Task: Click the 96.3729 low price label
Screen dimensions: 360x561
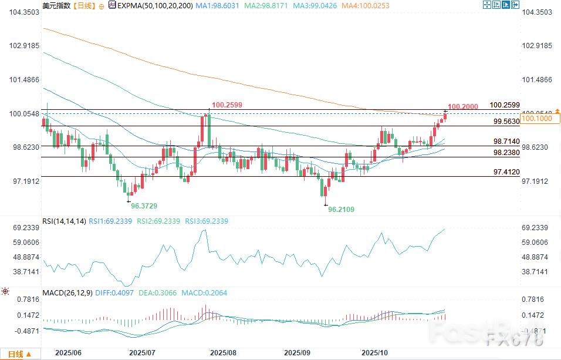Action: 144,207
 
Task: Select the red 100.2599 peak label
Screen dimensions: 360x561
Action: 227,105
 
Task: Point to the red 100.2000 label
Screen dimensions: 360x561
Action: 462,106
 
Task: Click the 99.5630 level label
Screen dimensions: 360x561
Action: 506,121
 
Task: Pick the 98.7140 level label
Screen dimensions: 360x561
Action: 506,142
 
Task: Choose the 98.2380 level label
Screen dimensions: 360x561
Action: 506,152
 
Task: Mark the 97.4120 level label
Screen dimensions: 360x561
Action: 506,171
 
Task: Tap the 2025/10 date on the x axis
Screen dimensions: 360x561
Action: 376,354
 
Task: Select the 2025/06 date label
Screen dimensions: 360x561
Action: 68,354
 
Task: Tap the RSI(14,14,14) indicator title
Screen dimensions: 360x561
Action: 65,221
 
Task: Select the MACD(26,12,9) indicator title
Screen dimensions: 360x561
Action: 67,292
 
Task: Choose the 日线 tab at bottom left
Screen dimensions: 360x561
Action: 16,354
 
